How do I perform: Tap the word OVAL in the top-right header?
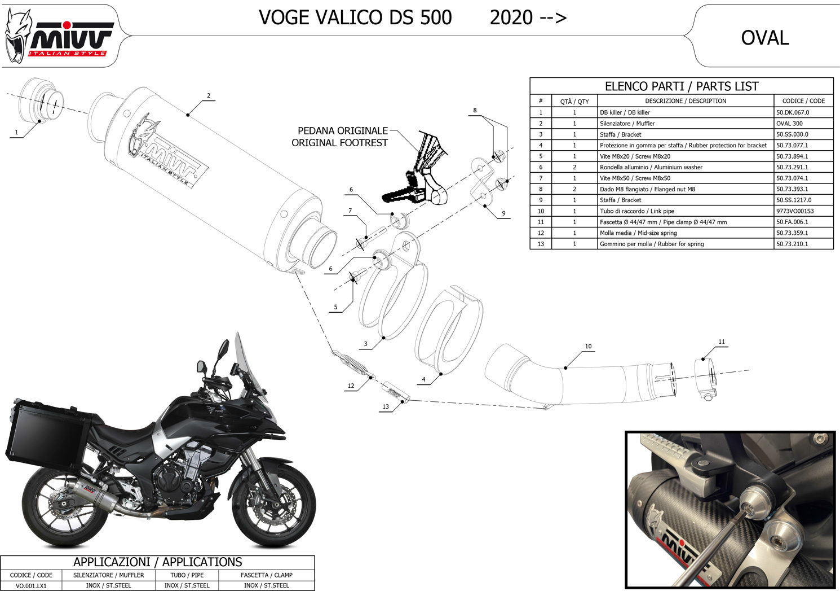[x=765, y=38]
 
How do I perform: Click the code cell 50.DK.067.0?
[x=793, y=112]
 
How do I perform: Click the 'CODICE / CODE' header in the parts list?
[x=803, y=101]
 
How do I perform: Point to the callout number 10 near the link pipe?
[x=588, y=346]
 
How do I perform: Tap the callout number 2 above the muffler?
[x=209, y=96]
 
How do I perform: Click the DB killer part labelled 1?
[x=41, y=100]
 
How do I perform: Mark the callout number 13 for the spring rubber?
[x=386, y=406]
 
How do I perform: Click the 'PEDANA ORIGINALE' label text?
[x=342, y=130]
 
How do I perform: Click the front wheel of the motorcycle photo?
[x=275, y=505]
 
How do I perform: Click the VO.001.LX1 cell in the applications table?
[x=31, y=585]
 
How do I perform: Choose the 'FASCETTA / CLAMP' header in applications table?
[x=266, y=575]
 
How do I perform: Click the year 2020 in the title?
[x=511, y=17]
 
